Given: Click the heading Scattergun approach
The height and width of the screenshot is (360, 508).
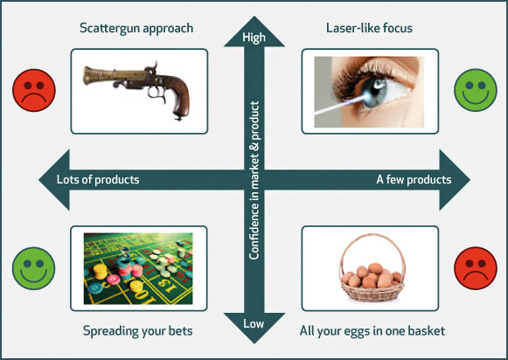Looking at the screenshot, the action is tap(136, 28).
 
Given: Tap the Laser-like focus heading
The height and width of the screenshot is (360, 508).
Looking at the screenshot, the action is tap(369, 28).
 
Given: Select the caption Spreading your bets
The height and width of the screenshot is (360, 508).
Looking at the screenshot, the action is tap(137, 331).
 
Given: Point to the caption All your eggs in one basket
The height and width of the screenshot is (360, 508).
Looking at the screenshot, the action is tap(372, 331).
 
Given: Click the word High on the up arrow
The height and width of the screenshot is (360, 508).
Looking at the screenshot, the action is tap(254, 38).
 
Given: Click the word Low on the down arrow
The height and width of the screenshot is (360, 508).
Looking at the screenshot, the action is tap(254, 323).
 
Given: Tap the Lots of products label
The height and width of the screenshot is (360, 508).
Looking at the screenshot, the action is tap(98, 179).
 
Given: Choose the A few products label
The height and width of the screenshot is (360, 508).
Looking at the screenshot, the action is tap(414, 179).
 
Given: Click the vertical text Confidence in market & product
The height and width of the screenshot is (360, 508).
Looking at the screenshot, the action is tap(254, 180).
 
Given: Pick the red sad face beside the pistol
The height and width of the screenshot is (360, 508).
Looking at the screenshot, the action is tap(34, 90).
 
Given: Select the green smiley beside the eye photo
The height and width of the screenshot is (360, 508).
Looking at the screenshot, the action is tap(476, 90).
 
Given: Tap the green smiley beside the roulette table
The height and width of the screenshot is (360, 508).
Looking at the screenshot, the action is tap(34, 268).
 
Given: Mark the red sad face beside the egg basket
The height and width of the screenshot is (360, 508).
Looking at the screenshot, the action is tap(476, 268).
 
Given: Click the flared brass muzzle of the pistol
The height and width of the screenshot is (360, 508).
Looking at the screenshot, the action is tap(88, 75).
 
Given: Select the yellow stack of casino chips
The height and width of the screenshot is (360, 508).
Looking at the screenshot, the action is tap(101, 271).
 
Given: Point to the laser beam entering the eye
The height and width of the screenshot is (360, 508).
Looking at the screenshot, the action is tap(340, 105).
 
